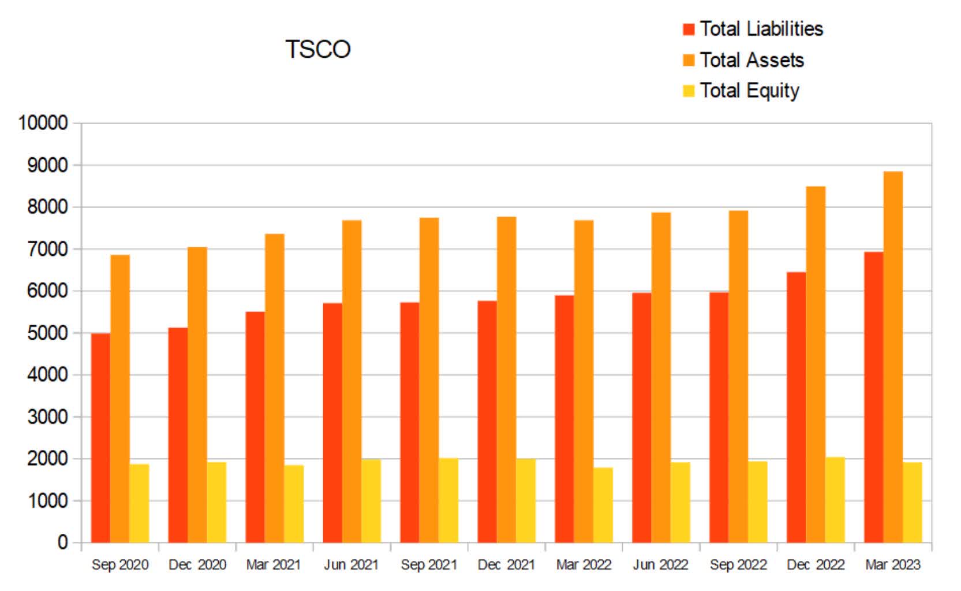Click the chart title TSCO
[x=318, y=49]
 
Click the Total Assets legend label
[x=751, y=60]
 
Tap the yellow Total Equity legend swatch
[x=689, y=91]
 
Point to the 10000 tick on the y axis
[x=43, y=122]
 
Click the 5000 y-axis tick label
[x=47, y=333]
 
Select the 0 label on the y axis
[x=62, y=542]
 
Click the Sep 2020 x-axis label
[x=120, y=564]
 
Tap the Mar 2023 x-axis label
[x=893, y=564]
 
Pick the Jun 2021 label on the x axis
[x=352, y=564]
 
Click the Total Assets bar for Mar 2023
[x=893, y=358]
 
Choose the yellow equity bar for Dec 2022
[x=835, y=500]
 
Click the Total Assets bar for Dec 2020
[x=197, y=396]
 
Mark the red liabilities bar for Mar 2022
[x=564, y=419]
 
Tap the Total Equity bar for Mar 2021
[x=294, y=504]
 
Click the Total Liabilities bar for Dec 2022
[x=796, y=407]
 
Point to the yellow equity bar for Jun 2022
[x=680, y=503]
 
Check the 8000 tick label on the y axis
[x=47, y=207]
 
